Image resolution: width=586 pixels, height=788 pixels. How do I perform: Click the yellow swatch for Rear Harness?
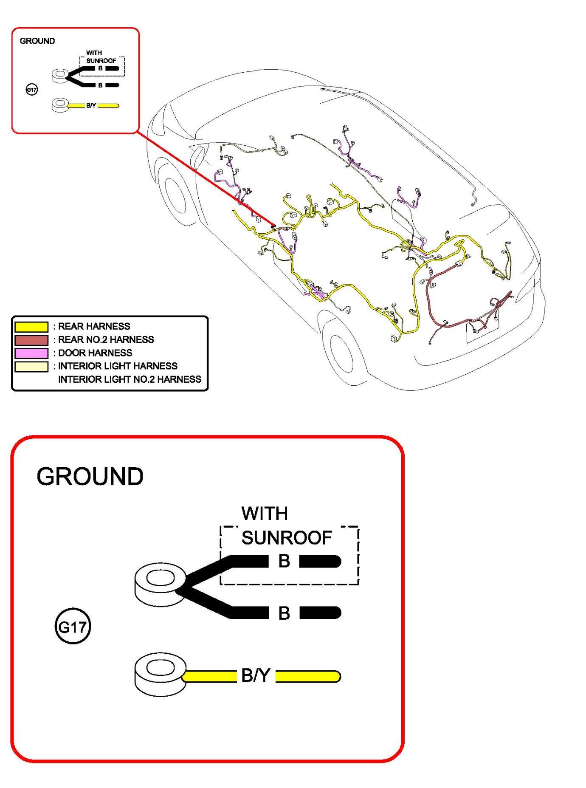click(31, 327)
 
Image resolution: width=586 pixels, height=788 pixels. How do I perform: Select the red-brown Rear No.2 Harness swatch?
click(31, 340)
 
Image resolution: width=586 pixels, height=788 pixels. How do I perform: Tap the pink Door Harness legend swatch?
click(31, 353)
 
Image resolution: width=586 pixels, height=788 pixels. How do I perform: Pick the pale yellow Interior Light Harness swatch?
click(31, 366)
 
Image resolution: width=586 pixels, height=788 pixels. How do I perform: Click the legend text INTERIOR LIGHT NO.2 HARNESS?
click(130, 379)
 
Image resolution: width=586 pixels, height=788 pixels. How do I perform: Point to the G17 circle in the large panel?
click(73, 627)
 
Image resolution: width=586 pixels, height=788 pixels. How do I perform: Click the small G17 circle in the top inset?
click(32, 90)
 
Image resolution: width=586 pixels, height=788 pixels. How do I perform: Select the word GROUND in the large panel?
click(90, 477)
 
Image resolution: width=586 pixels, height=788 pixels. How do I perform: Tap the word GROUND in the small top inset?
click(37, 41)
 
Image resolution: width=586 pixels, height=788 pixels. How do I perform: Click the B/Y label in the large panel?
click(256, 675)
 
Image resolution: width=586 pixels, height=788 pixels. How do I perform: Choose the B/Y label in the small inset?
click(91, 105)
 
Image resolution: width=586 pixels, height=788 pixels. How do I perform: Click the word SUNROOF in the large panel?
click(286, 538)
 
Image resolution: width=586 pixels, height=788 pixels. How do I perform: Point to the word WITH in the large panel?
click(265, 514)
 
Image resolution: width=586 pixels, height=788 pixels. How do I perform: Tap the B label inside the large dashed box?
click(284, 561)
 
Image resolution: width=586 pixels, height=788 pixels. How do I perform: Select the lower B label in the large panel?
click(284, 613)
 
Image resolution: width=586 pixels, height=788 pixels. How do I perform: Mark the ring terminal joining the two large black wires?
click(160, 584)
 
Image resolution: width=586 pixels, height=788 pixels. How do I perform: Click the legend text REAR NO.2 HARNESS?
click(106, 340)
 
